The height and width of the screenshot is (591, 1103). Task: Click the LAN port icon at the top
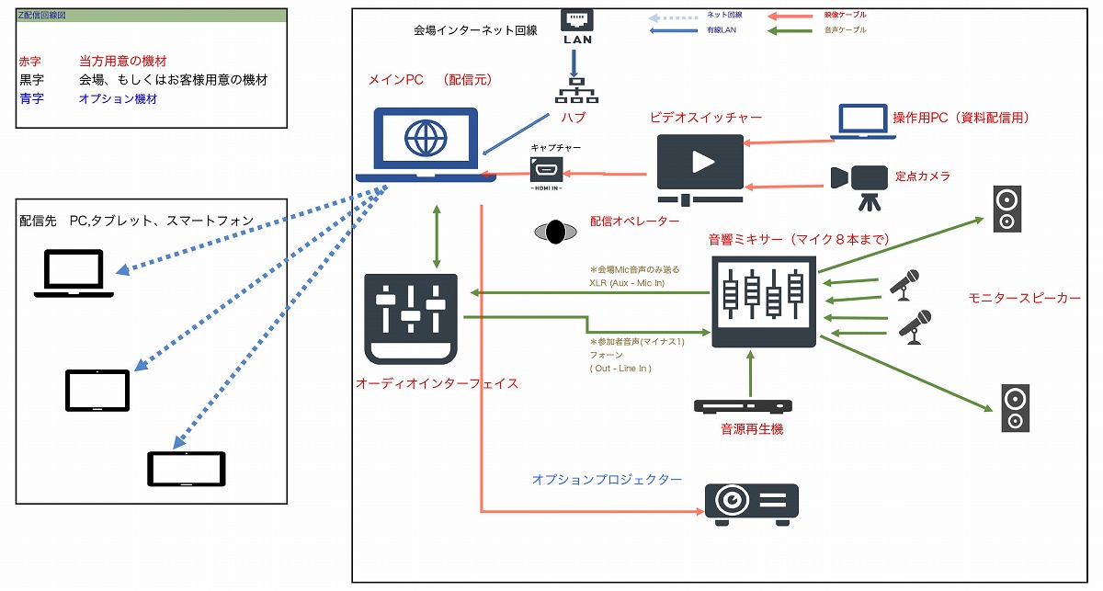pyautogui.click(x=576, y=27)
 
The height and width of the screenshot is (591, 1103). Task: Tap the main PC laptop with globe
pyautogui.click(x=424, y=144)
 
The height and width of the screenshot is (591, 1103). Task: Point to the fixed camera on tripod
pyautogui.click(x=856, y=183)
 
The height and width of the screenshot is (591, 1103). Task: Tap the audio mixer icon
pyautogui.click(x=765, y=301)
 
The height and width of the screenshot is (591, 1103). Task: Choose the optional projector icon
pyautogui.click(x=751, y=503)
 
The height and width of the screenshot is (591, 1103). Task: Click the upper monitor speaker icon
pyautogui.click(x=1006, y=208)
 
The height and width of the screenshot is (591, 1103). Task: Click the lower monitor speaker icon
pyautogui.click(x=1015, y=408)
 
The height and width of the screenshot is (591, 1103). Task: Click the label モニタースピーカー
pyautogui.click(x=1024, y=298)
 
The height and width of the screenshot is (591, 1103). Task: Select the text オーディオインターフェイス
pyautogui.click(x=437, y=383)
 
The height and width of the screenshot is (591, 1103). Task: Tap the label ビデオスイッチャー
pyautogui.click(x=705, y=118)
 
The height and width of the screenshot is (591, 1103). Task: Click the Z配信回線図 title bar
pyautogui.click(x=150, y=17)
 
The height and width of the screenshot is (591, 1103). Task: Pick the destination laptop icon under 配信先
pyautogui.click(x=74, y=275)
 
